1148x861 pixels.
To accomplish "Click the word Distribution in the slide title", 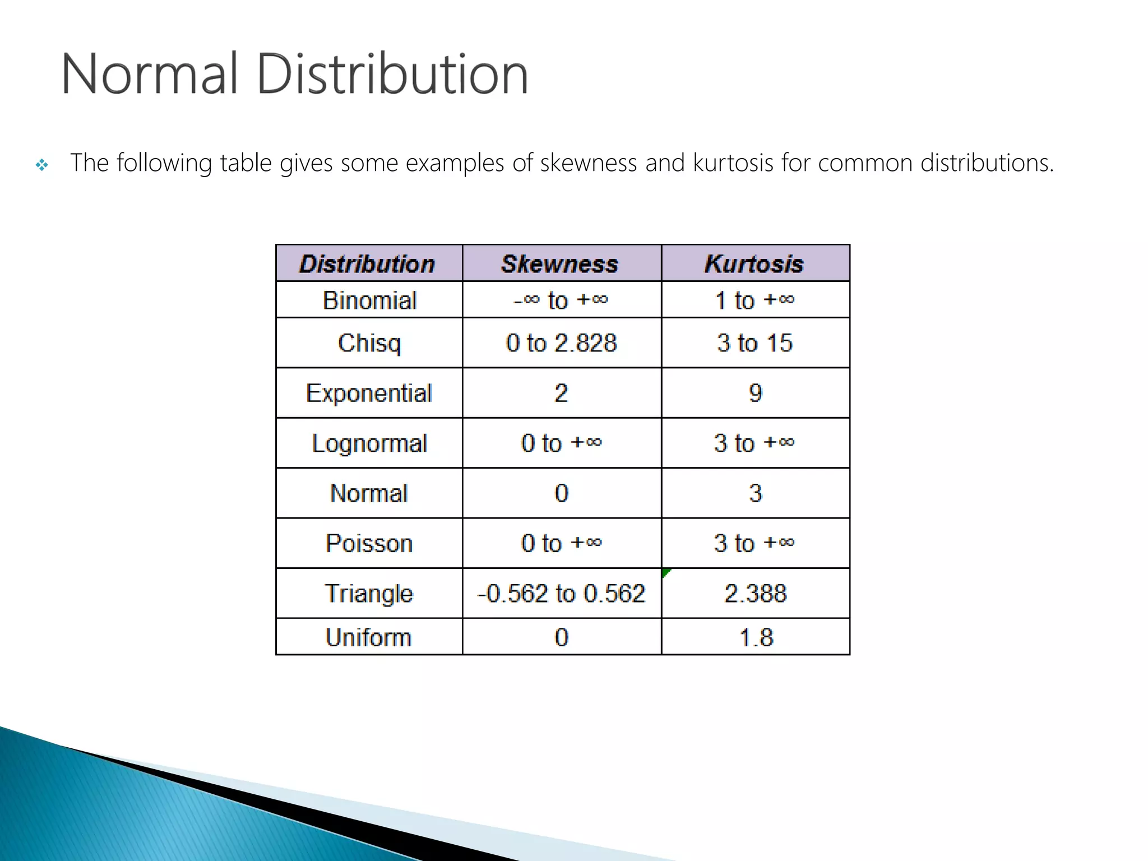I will click(x=392, y=74).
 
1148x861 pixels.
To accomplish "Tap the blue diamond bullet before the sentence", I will click(x=42, y=165).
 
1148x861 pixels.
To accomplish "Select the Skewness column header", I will click(x=560, y=263).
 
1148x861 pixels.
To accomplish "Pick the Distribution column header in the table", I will click(x=367, y=263).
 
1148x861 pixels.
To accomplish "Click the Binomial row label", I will click(x=369, y=300).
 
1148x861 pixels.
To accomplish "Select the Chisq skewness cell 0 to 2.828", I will click(x=561, y=343).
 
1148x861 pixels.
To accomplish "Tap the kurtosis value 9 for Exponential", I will click(x=755, y=393).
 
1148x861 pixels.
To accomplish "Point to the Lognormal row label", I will click(x=369, y=443).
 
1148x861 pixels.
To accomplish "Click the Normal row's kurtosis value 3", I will click(x=755, y=493).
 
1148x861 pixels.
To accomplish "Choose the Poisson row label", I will click(x=369, y=543).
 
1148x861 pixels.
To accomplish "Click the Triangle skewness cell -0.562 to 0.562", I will click(x=561, y=593).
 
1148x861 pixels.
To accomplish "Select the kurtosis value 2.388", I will click(x=755, y=593).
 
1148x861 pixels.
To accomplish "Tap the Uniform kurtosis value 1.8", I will click(x=756, y=637).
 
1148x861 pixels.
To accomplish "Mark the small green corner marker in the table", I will click(x=665, y=572).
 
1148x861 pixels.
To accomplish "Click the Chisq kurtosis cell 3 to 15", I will click(x=754, y=343).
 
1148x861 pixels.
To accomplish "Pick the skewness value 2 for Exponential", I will click(x=561, y=393).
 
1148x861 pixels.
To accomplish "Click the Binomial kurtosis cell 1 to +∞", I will click(x=754, y=300).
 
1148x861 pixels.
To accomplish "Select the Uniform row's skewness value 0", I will click(x=561, y=637).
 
